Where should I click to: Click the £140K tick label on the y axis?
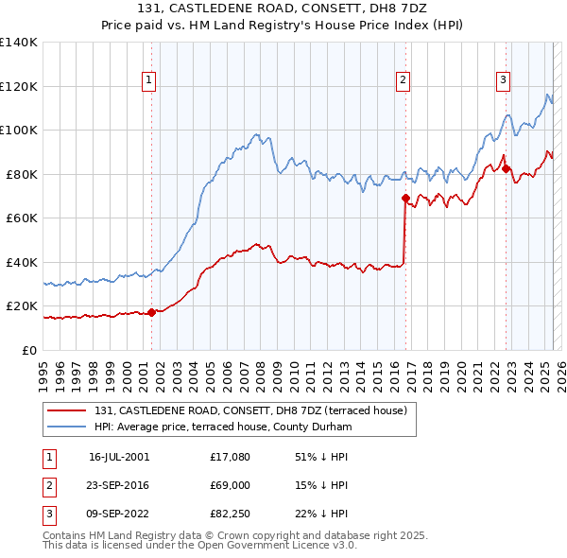(19, 43)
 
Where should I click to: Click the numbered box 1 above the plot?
(150, 80)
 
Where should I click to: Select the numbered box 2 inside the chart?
(403, 80)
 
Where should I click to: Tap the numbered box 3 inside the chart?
(503, 80)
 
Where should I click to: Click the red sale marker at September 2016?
(405, 199)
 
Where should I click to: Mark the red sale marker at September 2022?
(506, 169)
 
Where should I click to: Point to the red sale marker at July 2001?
(151, 312)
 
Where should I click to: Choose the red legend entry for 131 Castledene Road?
(250, 410)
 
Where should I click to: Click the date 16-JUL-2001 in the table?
(119, 456)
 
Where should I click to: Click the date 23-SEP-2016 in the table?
(119, 485)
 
